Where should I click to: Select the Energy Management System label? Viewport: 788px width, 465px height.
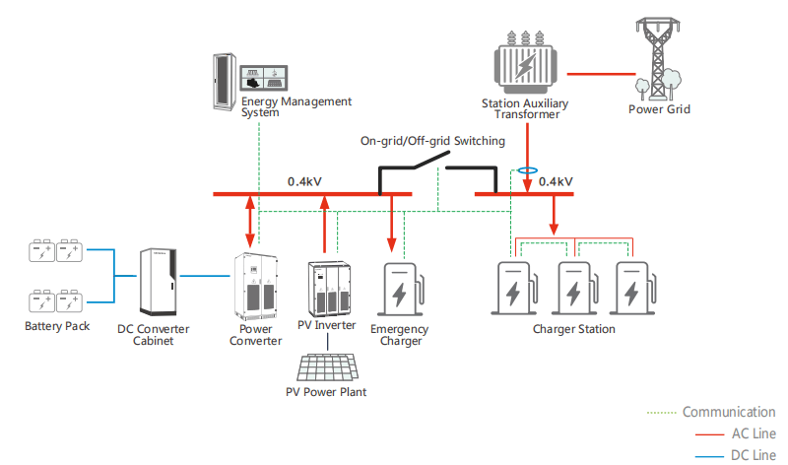coord(296,107)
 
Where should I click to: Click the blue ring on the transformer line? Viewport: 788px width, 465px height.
coord(529,169)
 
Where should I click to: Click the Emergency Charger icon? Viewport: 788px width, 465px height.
coord(401,290)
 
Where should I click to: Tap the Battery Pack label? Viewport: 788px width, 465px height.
coord(57,326)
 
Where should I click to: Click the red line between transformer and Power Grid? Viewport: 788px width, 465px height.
coord(601,73)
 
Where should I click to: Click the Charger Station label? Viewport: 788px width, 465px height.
coord(573,329)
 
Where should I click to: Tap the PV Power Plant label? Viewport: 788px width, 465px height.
coord(325,393)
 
